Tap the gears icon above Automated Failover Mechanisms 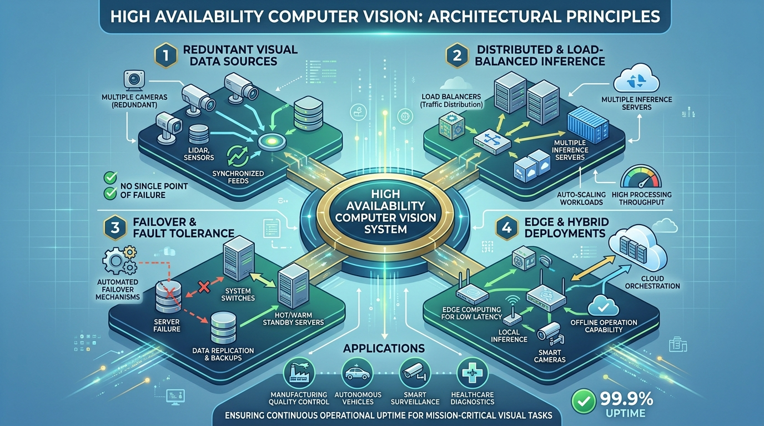119,258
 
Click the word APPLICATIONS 384,349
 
